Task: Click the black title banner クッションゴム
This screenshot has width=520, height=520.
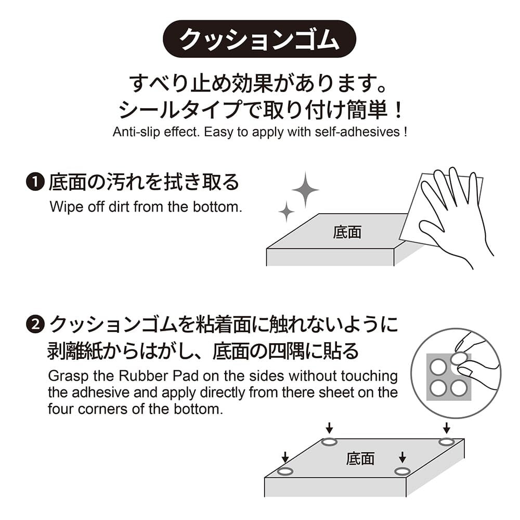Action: (259, 39)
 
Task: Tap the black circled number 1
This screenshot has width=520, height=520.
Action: (35, 182)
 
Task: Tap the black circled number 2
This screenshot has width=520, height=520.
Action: (35, 324)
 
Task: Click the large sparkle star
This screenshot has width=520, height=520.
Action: (305, 190)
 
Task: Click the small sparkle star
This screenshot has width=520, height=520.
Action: (286, 211)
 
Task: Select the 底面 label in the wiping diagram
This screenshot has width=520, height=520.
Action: (347, 232)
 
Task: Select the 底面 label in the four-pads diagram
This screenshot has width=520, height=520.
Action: (360, 459)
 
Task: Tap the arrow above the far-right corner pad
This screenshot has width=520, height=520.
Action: (447, 428)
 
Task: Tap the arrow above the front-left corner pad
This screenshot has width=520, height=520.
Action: (285, 457)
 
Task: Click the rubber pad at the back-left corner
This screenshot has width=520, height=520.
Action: (329, 441)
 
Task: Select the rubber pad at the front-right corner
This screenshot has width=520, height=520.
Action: (402, 471)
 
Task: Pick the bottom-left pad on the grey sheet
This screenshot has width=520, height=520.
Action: (438, 388)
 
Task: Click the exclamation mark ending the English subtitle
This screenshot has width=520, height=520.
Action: (405, 132)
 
